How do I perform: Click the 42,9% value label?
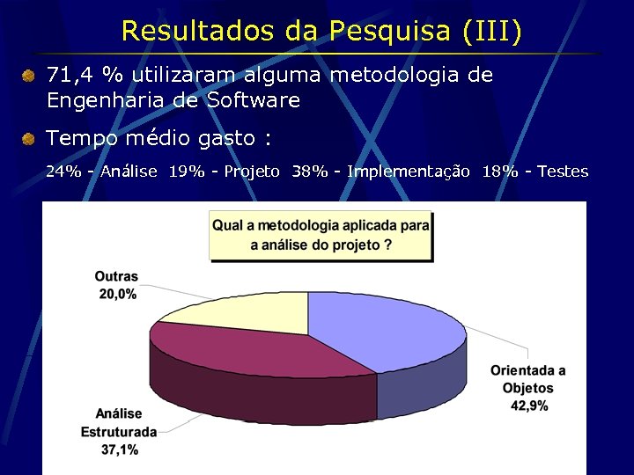pyautogui.click(x=529, y=406)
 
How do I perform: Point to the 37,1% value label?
pyautogui.click(x=119, y=449)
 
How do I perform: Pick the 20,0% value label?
pyautogui.click(x=117, y=294)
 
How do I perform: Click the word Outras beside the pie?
pyautogui.click(x=117, y=277)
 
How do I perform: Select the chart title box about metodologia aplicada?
pyautogui.click(x=321, y=235)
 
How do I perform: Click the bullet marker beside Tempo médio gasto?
pyautogui.click(x=29, y=139)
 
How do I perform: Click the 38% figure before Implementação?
pyautogui.click(x=307, y=171)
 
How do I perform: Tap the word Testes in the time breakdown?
pyautogui.click(x=563, y=171)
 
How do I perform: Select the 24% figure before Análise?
pyautogui.click(x=62, y=171)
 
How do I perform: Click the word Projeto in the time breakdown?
pyautogui.click(x=252, y=171)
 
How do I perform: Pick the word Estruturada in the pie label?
pyautogui.click(x=119, y=432)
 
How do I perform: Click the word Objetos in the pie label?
pyautogui.click(x=528, y=388)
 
